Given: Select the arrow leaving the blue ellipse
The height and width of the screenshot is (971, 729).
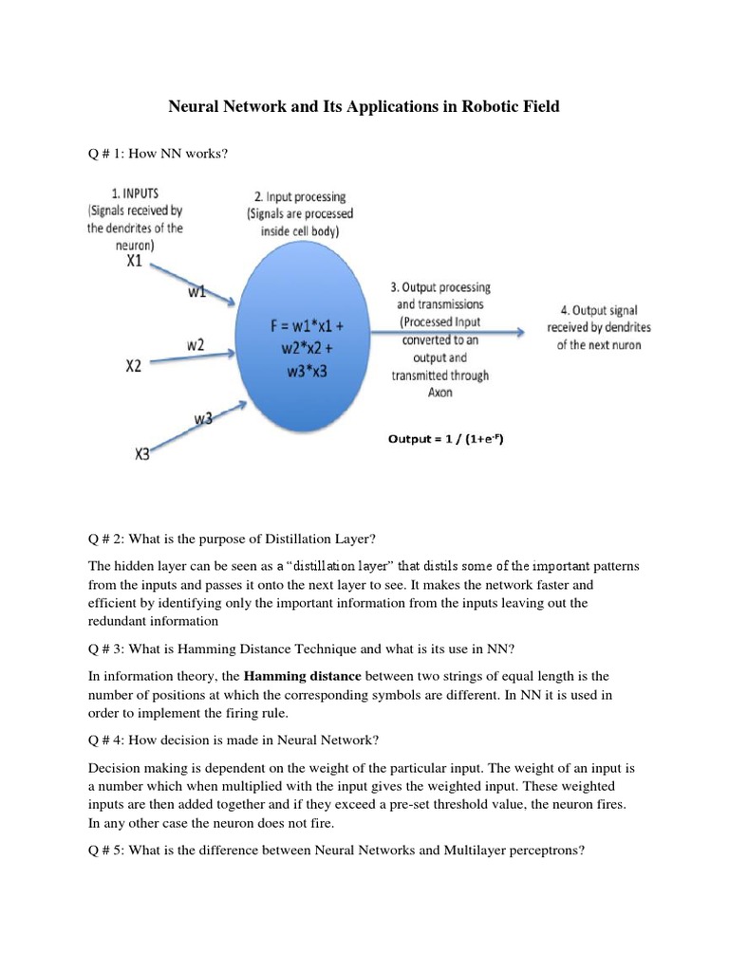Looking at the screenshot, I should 446,332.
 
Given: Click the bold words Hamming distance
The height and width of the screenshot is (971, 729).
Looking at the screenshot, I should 303,676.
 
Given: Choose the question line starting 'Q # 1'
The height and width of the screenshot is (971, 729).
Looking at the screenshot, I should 158,153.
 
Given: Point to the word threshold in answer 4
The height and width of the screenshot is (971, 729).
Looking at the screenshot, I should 455,804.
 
